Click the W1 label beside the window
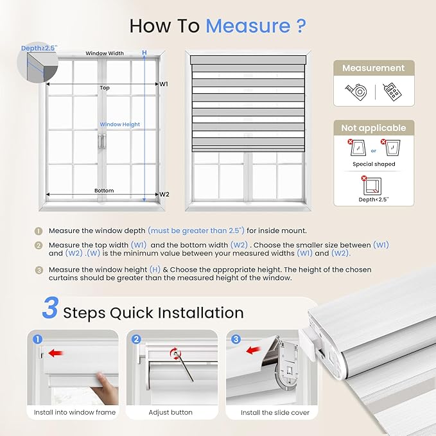pos(164,83)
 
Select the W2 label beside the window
pos(164,194)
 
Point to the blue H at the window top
pos(144,53)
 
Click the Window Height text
pos(119,125)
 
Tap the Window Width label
pos(105,54)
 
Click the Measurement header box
pos(373,68)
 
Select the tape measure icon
pos(356,92)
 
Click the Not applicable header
pos(373,128)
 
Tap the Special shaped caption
pos(373,164)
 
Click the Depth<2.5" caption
pos(373,200)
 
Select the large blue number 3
pos(51,309)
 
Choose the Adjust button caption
pos(170,412)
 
